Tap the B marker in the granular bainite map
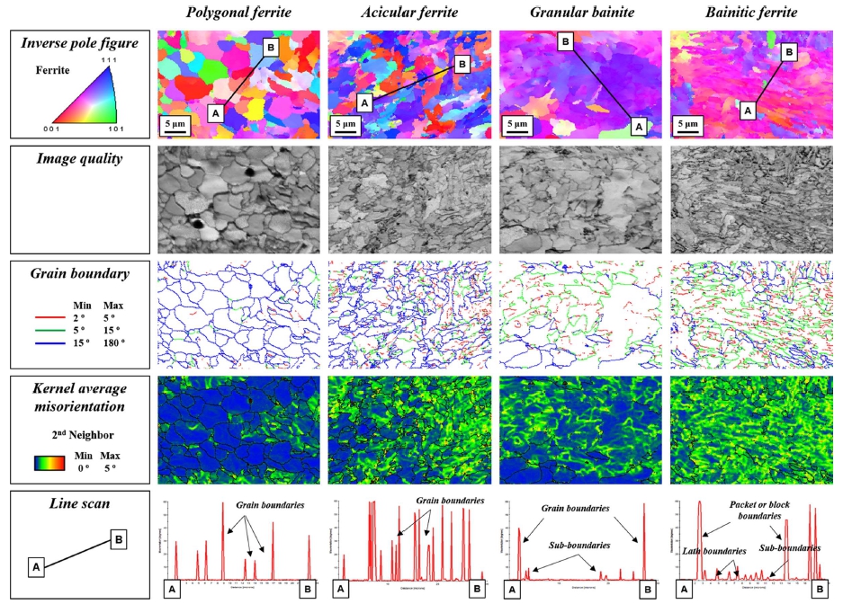pyautogui.click(x=566, y=41)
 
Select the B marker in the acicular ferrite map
pyautogui.click(x=462, y=64)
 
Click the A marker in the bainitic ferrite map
pyautogui.click(x=746, y=109)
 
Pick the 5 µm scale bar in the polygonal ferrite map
pyautogui.click(x=175, y=125)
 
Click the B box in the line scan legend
pyautogui.click(x=117, y=539)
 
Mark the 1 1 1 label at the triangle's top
pyautogui.click(x=117, y=58)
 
